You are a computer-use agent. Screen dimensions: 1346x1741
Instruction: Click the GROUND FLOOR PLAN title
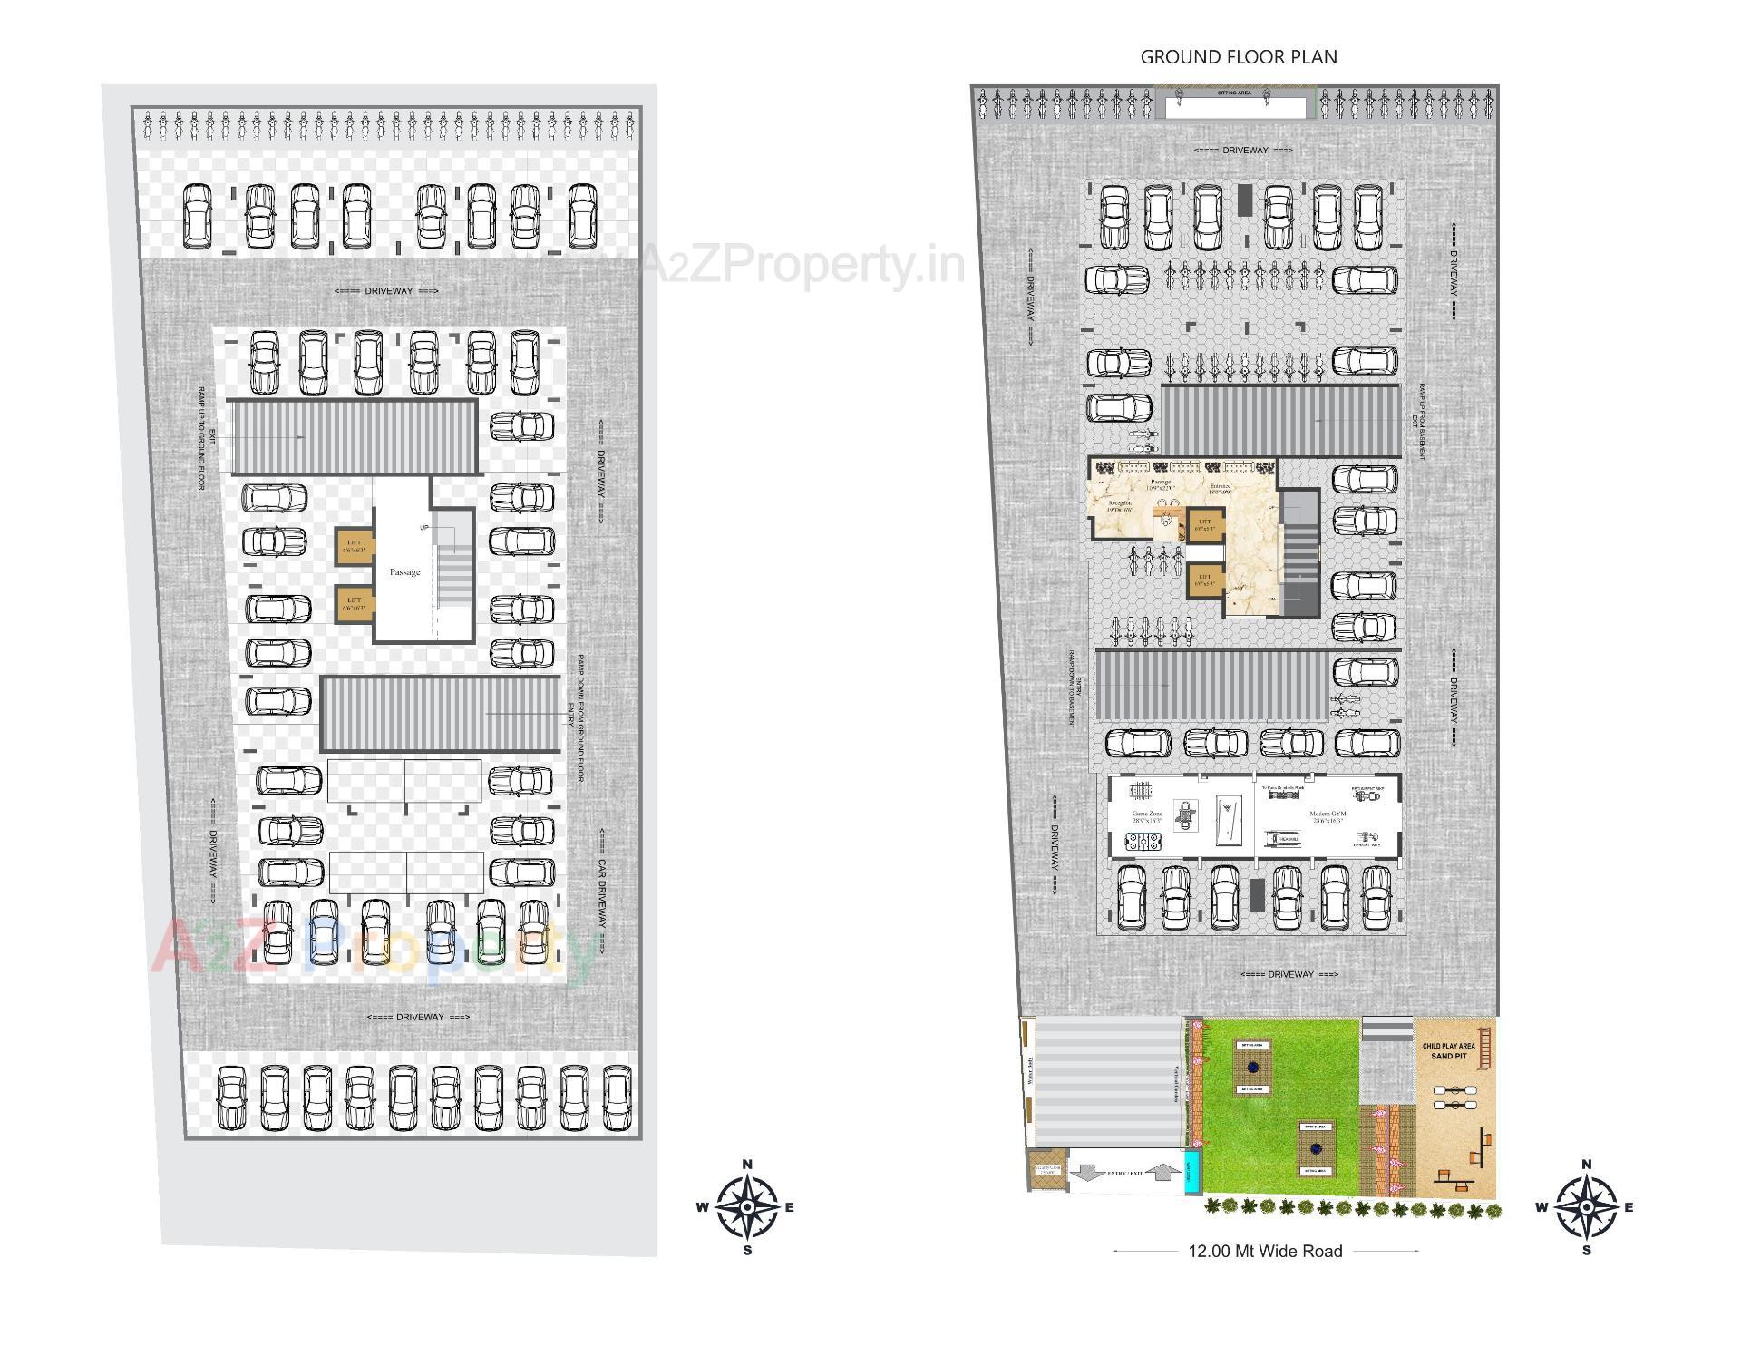tap(1239, 57)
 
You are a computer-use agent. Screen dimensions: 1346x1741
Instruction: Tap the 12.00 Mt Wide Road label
tap(1265, 1251)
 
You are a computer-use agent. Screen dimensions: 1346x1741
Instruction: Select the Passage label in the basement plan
tap(404, 572)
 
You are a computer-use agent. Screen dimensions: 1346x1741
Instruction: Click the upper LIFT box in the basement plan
tap(354, 546)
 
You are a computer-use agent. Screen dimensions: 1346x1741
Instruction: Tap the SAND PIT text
tap(1448, 1057)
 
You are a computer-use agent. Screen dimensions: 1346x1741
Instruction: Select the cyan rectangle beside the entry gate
tap(1192, 1172)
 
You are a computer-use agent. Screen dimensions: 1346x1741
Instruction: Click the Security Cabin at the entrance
tap(1046, 1171)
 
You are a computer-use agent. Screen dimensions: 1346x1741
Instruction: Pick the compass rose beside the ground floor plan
tap(1586, 1207)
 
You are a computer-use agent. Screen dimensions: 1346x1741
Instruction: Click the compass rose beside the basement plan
tap(747, 1207)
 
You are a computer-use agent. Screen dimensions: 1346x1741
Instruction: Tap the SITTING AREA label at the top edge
tap(1234, 93)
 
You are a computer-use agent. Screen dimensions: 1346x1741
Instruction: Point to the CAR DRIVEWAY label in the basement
tap(602, 890)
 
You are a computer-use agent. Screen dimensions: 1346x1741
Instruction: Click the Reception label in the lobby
tap(1120, 505)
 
